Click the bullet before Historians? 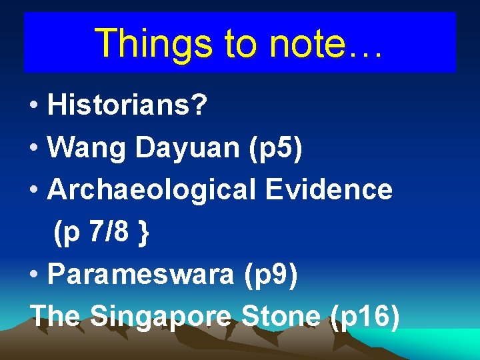[33, 107]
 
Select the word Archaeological [151, 191]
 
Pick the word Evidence [329, 190]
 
